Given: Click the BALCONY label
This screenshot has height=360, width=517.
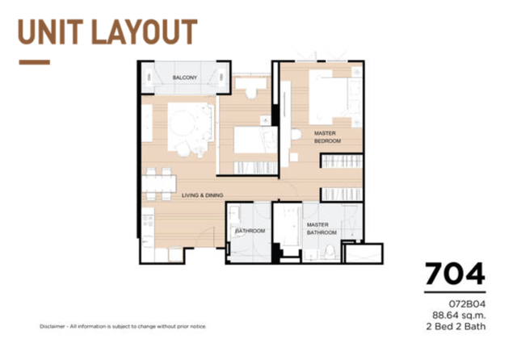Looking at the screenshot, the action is tap(185, 77).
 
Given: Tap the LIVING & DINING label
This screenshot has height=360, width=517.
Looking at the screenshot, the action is tap(203, 195).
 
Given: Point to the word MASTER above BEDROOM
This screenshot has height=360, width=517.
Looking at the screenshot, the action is tap(325, 133).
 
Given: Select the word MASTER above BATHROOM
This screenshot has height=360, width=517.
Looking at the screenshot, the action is tap(317, 224).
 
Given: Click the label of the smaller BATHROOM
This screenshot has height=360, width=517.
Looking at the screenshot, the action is tap(250, 231).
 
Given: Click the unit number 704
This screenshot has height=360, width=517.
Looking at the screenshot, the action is tap(455, 274).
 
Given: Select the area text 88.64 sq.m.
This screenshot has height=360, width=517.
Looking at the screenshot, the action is tap(459, 316).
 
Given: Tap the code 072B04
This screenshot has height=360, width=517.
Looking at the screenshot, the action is tap(467, 304).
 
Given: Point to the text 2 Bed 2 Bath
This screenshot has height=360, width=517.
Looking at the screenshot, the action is tap(456, 326).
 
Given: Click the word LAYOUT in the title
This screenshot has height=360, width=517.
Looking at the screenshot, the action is tap(144, 32).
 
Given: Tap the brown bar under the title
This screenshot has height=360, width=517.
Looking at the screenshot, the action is tap(34, 62).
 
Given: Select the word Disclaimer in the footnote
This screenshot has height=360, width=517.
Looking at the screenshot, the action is tap(53, 326).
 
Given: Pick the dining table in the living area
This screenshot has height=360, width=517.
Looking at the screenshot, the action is tap(159, 184).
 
